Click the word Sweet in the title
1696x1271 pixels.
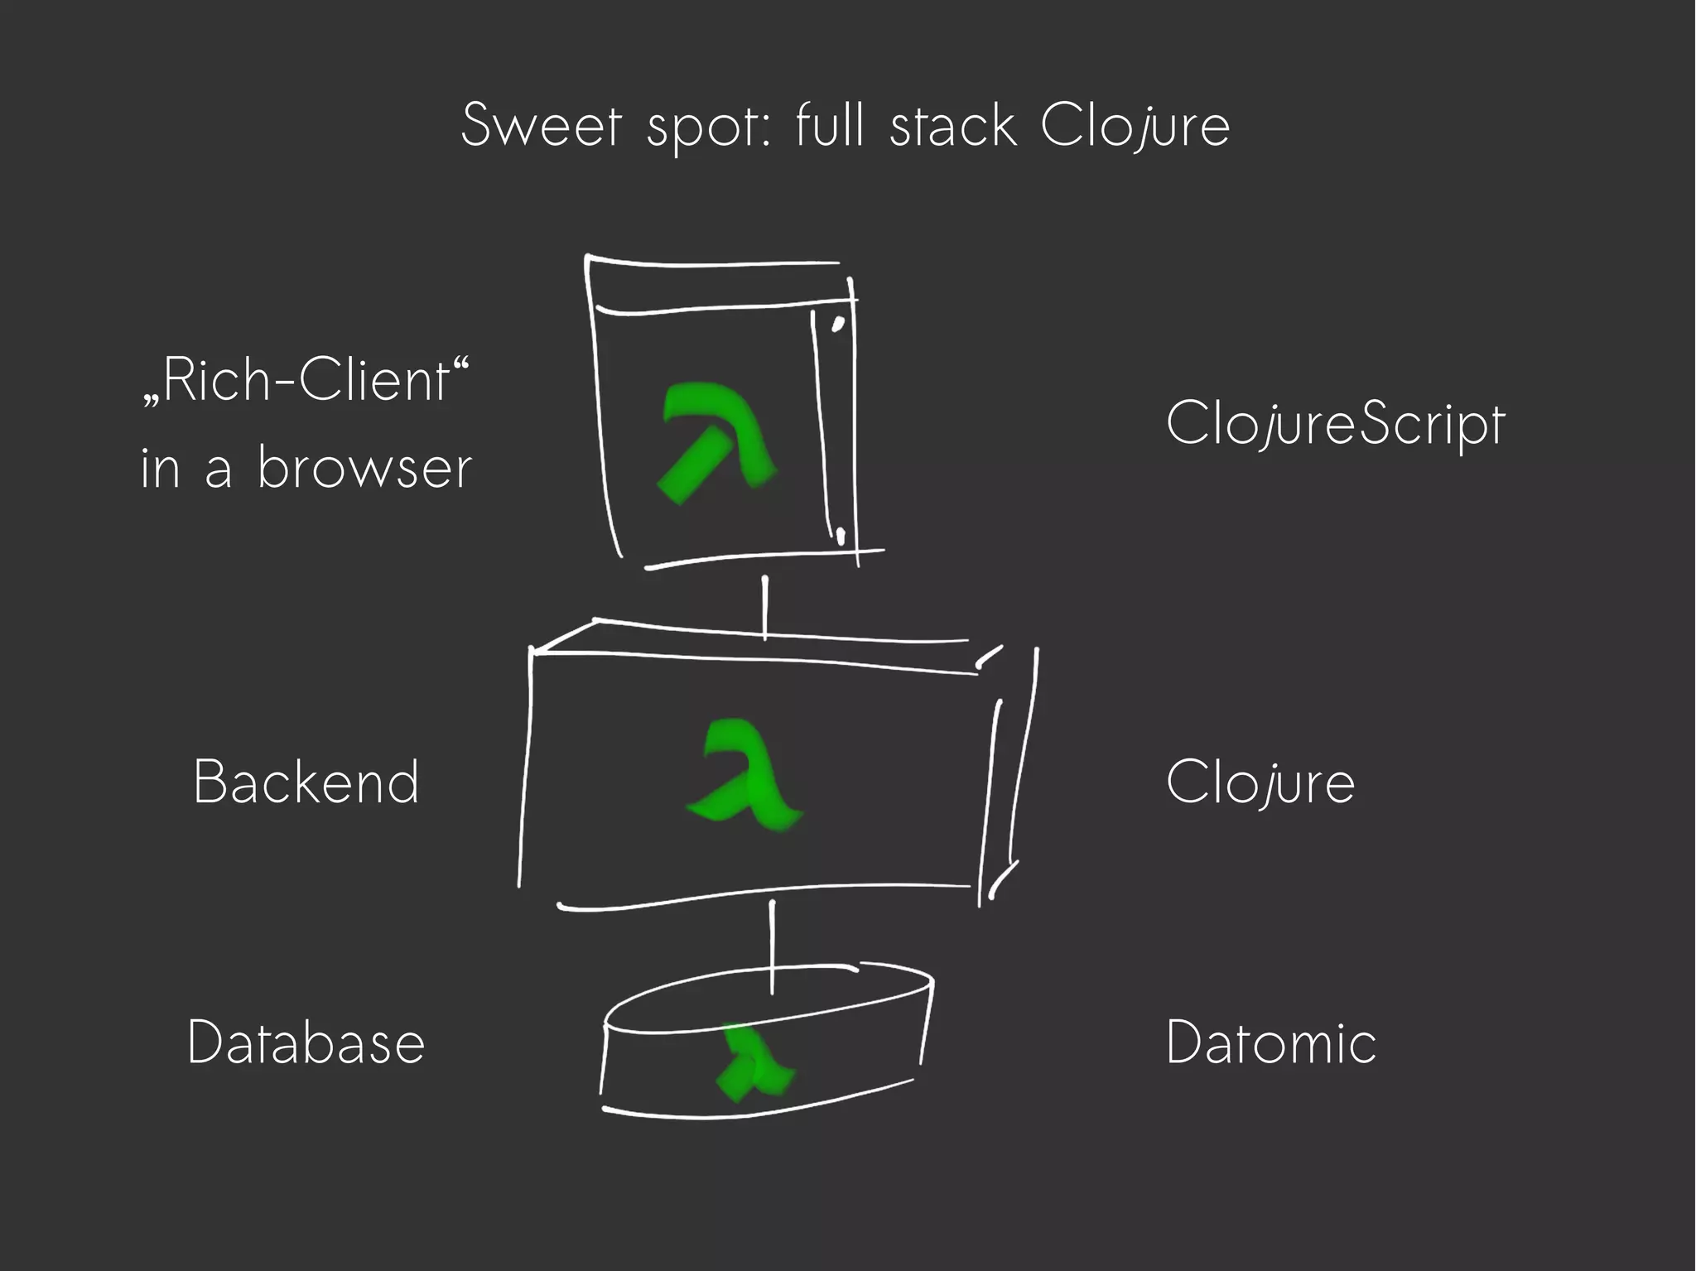541,126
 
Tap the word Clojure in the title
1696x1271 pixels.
1135,126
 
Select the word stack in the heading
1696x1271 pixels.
952,126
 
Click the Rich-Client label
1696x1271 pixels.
305,381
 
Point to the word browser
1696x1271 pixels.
364,468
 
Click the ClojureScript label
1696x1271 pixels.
1335,424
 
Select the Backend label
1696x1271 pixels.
306,782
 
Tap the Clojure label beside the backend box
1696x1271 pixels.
1260,782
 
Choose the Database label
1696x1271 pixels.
306,1042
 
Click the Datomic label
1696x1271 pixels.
1271,1042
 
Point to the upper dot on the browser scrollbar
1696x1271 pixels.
837,324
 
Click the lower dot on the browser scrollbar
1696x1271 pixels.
840,536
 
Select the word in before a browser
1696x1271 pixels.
160,468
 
